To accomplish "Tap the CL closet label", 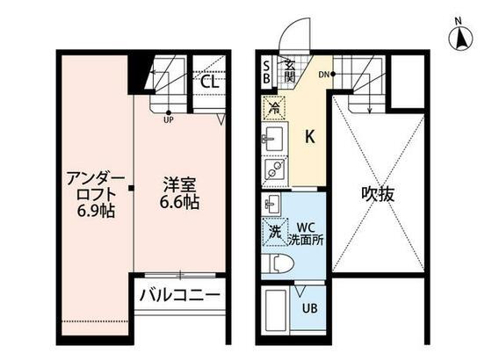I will click(209, 82).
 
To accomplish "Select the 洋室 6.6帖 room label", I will click(180, 193).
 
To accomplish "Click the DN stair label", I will click(324, 74).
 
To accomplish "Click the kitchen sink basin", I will click(271, 139).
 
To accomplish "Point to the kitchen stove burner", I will click(272, 169).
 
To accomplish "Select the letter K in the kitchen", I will click(309, 137).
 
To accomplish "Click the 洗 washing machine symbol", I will click(274, 234).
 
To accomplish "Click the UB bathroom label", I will click(310, 308).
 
